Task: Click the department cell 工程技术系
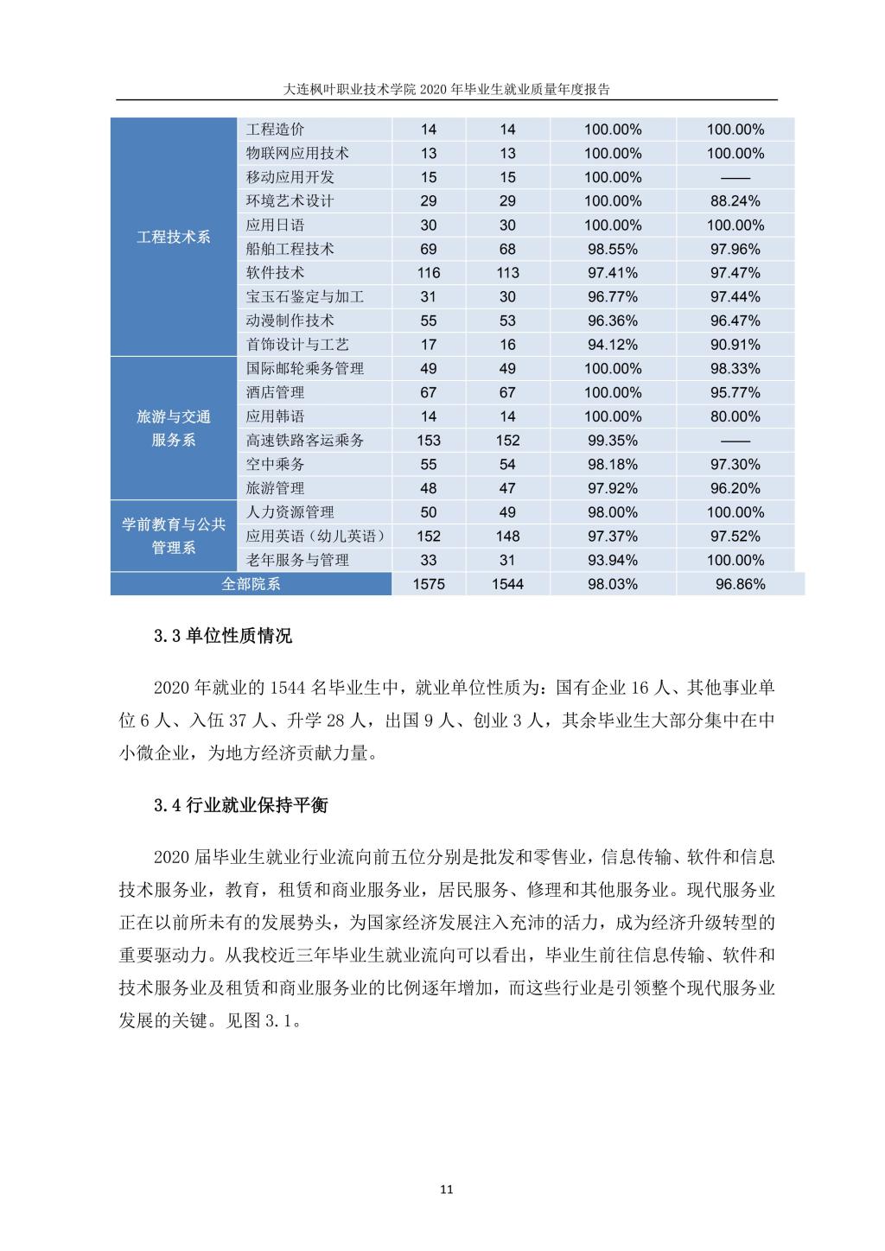(x=173, y=237)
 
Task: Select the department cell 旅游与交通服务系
(x=173, y=429)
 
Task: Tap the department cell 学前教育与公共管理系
(x=173, y=536)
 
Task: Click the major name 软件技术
(x=275, y=273)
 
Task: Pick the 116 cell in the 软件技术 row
(x=429, y=273)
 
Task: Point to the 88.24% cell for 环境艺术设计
(x=735, y=201)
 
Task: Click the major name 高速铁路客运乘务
(x=305, y=441)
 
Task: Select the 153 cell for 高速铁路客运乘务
(x=429, y=441)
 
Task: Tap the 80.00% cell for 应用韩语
(x=735, y=416)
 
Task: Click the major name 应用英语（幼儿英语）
(x=315, y=537)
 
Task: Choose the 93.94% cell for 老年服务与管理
(x=613, y=560)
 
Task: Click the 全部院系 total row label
(x=251, y=584)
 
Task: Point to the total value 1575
(x=429, y=584)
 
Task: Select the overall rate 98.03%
(x=613, y=584)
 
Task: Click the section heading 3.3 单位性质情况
(x=223, y=637)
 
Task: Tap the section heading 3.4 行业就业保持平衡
(x=241, y=806)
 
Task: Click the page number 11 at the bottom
(x=447, y=1190)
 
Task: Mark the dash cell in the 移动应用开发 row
(x=735, y=177)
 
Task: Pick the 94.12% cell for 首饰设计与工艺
(x=613, y=345)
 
